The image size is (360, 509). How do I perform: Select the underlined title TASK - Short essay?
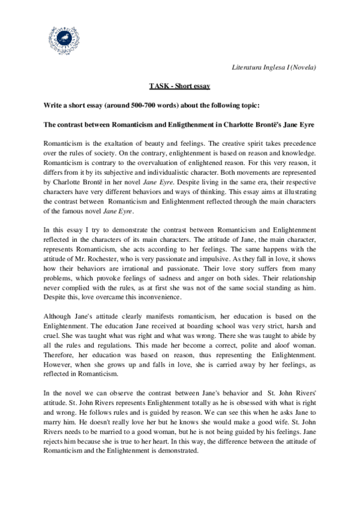pyautogui.click(x=179, y=86)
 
